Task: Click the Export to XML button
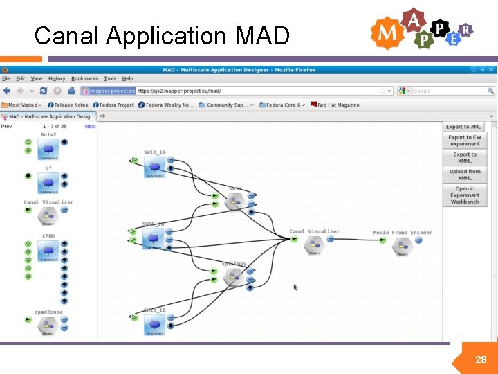pos(463,127)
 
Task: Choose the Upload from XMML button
pos(465,175)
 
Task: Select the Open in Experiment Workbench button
pos(465,195)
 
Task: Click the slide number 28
pos(481,360)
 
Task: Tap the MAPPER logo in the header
pos(421,29)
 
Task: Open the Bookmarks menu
pos(84,79)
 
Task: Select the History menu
pos(57,79)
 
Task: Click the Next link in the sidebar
pos(90,126)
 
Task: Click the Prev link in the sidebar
pos(6,126)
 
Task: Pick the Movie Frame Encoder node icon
pos(403,244)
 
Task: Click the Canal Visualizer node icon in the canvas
pos(314,244)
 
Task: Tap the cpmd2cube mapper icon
pos(48,324)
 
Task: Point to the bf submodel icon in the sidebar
pos(48,181)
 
